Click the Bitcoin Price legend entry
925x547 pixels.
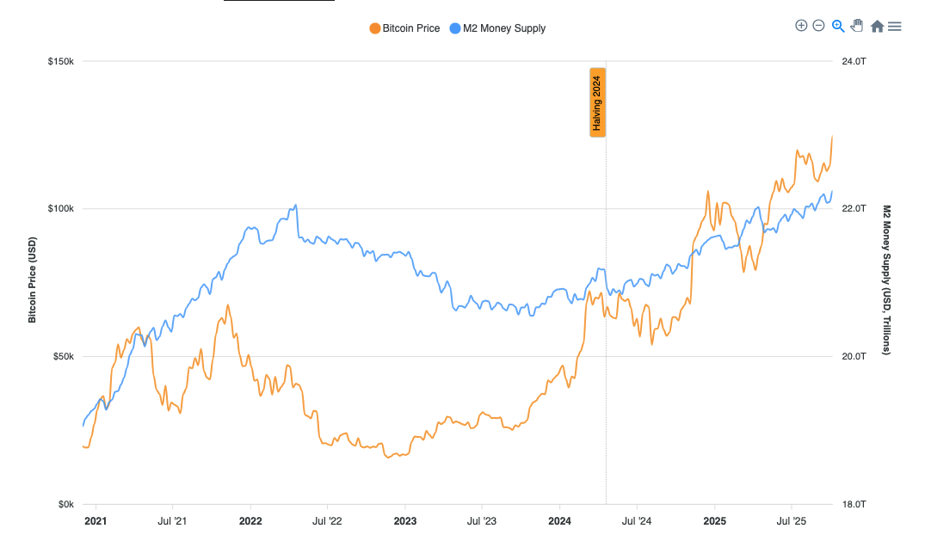404,28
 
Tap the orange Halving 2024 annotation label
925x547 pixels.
597,102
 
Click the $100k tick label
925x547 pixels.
60,209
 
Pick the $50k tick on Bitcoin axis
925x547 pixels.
63,356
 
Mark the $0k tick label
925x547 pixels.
65,504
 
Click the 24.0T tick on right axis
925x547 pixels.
853,62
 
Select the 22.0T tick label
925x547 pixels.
853,209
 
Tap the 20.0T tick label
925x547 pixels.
853,356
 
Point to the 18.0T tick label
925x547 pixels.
853,504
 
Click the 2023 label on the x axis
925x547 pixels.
404,521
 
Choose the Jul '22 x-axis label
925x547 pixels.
327,521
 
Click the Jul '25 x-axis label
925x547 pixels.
791,521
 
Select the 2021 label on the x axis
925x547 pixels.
96,521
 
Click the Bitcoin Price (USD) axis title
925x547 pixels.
33,280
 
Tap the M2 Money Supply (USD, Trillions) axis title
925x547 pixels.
886,280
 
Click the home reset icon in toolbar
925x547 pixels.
877,27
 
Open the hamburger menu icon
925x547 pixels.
895,27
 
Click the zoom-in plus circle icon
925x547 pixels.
801,26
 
